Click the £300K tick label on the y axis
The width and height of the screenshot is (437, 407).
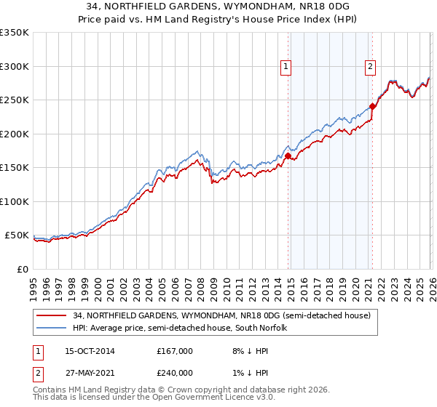(15, 66)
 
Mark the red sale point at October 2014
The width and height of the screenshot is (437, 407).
(288, 156)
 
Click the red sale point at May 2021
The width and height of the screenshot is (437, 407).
(372, 106)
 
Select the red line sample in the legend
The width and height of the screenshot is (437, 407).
(52, 315)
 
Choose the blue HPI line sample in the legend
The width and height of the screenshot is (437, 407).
(52, 328)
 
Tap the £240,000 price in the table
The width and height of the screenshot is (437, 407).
(175, 371)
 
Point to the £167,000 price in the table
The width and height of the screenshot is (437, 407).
(175, 351)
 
